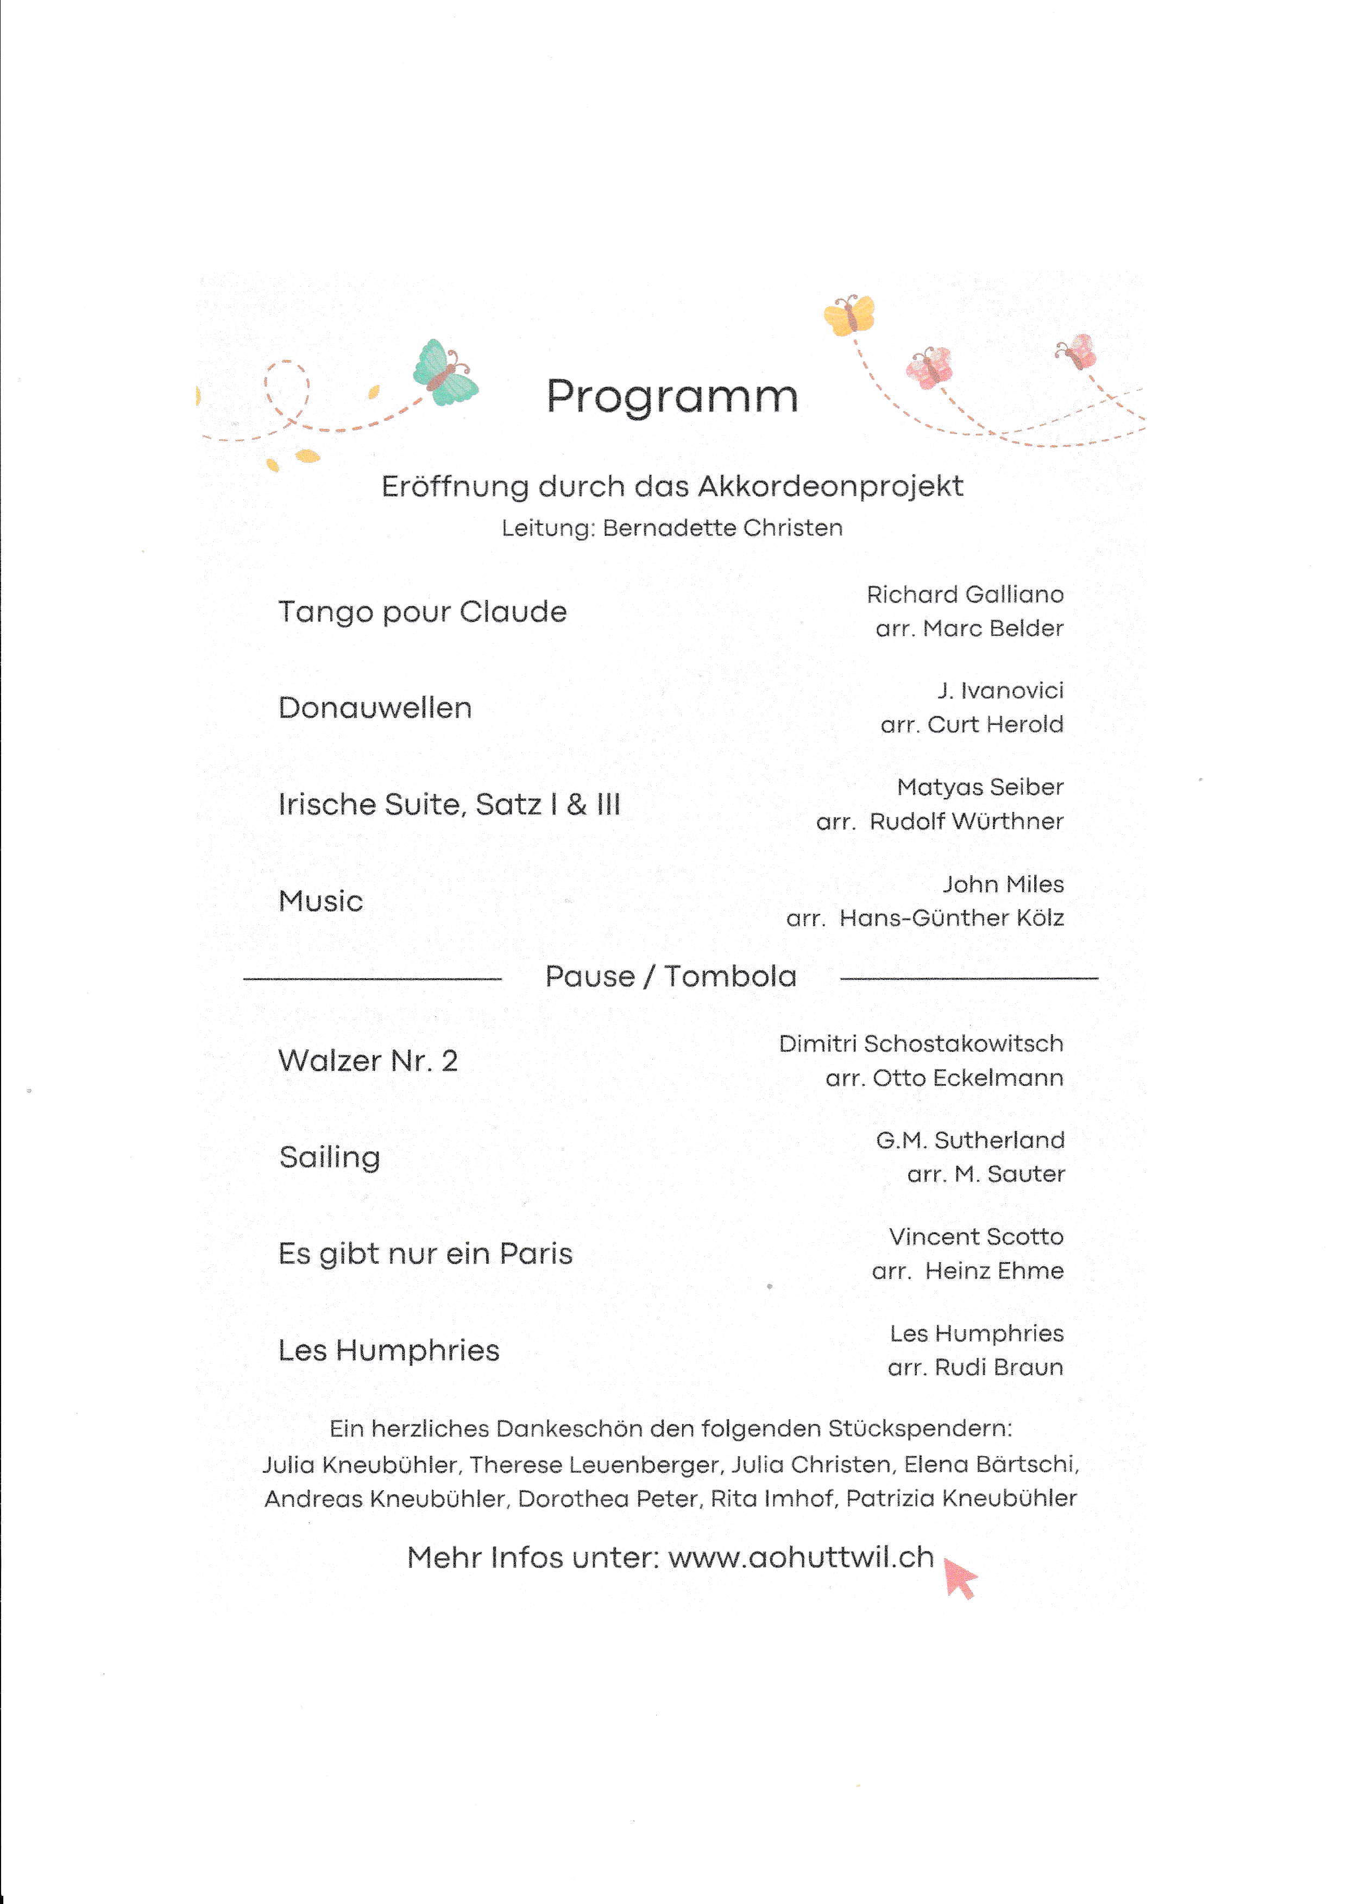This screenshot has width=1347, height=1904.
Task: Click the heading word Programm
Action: click(x=672, y=396)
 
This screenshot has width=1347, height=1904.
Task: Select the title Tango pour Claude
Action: click(x=422, y=612)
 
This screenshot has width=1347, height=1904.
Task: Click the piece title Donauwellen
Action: click(x=375, y=708)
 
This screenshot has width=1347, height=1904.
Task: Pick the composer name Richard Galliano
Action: click(x=965, y=594)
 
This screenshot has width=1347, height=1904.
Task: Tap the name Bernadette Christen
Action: click(x=722, y=528)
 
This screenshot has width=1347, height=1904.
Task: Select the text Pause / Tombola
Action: click(x=670, y=977)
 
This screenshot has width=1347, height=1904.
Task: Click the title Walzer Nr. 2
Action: click(x=368, y=1061)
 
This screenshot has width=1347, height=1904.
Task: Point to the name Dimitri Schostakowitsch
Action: click(x=921, y=1044)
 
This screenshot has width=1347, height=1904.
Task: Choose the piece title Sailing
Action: click(x=329, y=1157)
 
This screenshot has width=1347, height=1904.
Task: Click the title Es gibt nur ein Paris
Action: click(x=425, y=1254)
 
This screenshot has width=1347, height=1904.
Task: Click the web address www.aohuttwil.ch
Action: click(x=801, y=1558)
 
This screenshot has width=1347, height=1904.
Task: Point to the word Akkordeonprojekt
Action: click(x=830, y=487)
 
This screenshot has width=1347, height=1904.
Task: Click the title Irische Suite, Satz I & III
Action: click(x=449, y=805)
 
